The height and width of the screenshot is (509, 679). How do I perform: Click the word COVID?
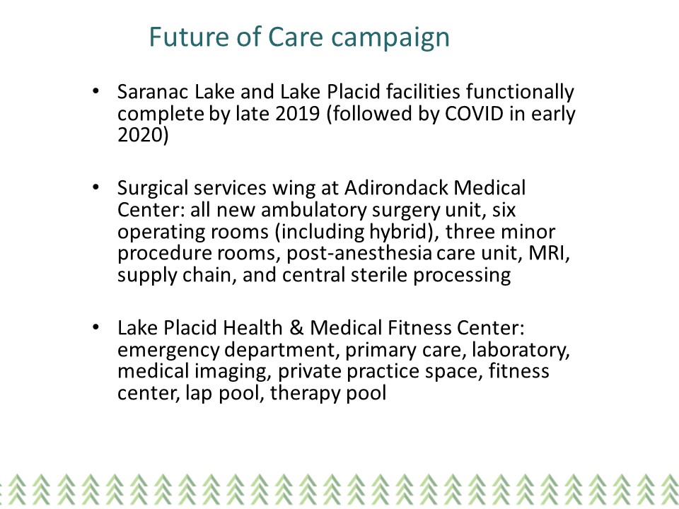tap(474, 113)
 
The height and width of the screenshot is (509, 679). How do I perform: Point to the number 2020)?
tap(143, 135)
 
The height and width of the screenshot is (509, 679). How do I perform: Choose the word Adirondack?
tap(396, 188)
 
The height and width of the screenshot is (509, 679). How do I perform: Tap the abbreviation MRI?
tap(548, 253)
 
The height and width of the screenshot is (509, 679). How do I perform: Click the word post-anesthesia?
tap(359, 254)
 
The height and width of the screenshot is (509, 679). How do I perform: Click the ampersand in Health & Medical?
tap(296, 327)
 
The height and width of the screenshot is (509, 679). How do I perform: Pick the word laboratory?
tap(521, 351)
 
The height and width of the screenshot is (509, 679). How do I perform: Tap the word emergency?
tap(168, 351)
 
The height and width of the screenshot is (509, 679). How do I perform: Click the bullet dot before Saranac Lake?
tap(95, 91)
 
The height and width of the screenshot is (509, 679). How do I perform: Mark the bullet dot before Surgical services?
tap(95, 187)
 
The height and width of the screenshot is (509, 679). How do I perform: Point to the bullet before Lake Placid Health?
tap(95, 327)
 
